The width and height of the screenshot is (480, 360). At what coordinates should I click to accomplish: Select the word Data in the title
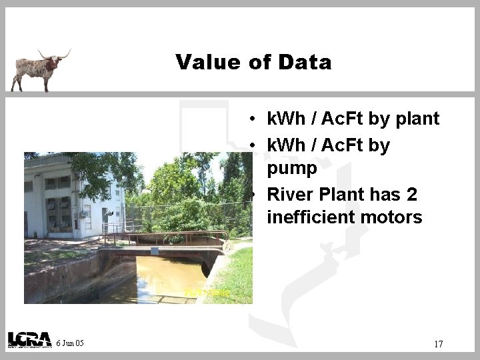[x=305, y=63]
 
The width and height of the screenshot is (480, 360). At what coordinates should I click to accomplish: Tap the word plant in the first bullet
[x=417, y=119]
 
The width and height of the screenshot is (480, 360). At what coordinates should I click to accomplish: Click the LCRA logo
[x=29, y=340]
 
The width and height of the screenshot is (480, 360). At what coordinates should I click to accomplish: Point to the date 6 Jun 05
[x=70, y=343]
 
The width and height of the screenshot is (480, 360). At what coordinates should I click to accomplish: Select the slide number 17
[x=438, y=344]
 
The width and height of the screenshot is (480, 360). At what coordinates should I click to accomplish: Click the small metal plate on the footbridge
[x=155, y=250]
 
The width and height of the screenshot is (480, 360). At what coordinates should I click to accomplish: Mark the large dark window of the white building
[x=64, y=214]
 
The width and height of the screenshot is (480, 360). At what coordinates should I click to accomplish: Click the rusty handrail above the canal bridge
[x=167, y=234]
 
